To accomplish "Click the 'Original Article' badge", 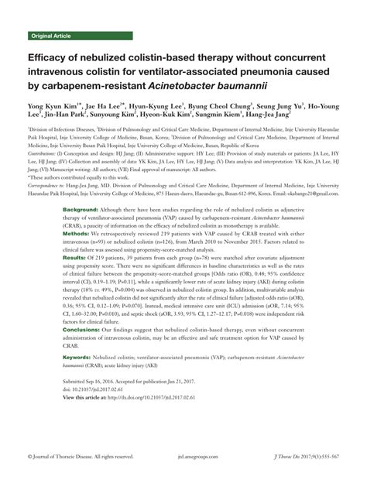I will point(53,36).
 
